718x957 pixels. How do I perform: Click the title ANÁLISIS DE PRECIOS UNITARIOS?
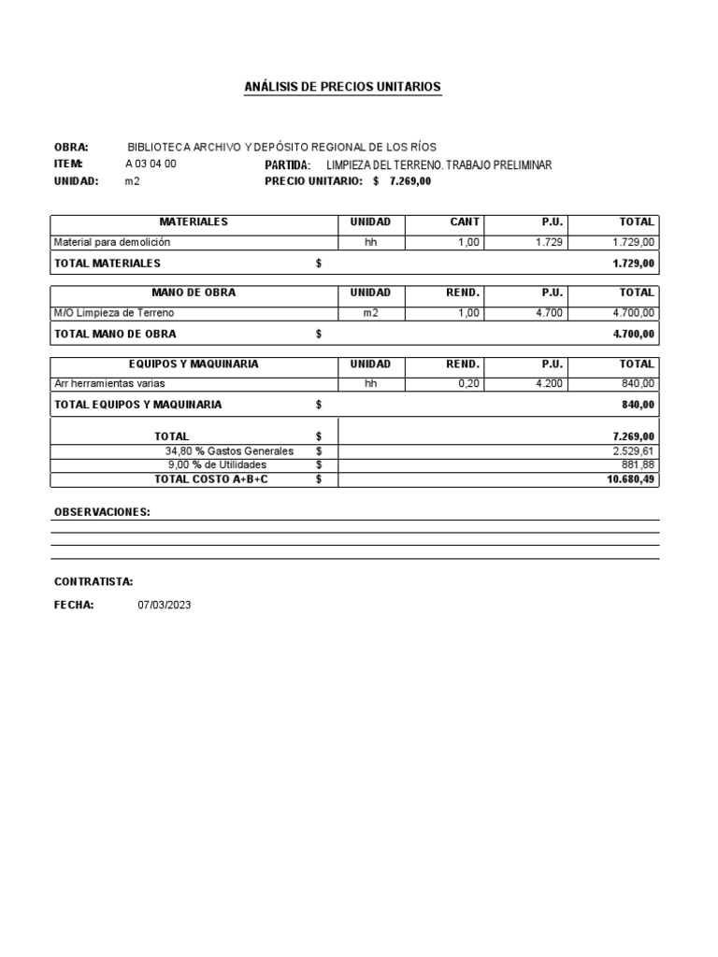pyautogui.click(x=341, y=87)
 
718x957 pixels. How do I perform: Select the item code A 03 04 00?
pyautogui.click(x=151, y=164)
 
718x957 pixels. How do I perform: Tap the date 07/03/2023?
pyautogui.click(x=164, y=606)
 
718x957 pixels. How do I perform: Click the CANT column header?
pyautogui.click(x=465, y=222)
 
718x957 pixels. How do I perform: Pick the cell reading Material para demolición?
pyautogui.click(x=112, y=242)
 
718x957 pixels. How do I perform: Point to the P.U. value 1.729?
pyautogui.click(x=549, y=242)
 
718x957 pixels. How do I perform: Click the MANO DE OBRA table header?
pyautogui.click(x=194, y=293)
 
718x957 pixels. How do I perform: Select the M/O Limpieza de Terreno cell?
pyautogui.click(x=114, y=313)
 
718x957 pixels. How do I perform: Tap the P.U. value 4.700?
pyautogui.click(x=549, y=313)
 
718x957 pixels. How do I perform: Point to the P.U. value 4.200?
pyautogui.click(x=549, y=383)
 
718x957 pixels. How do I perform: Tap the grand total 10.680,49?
pyautogui.click(x=631, y=479)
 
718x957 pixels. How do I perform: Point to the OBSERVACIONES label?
pyautogui.click(x=102, y=512)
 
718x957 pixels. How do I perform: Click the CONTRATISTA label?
pyautogui.click(x=93, y=581)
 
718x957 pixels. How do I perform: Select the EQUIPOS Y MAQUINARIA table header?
pyautogui.click(x=194, y=364)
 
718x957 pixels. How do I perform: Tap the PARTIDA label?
pyautogui.click(x=287, y=164)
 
